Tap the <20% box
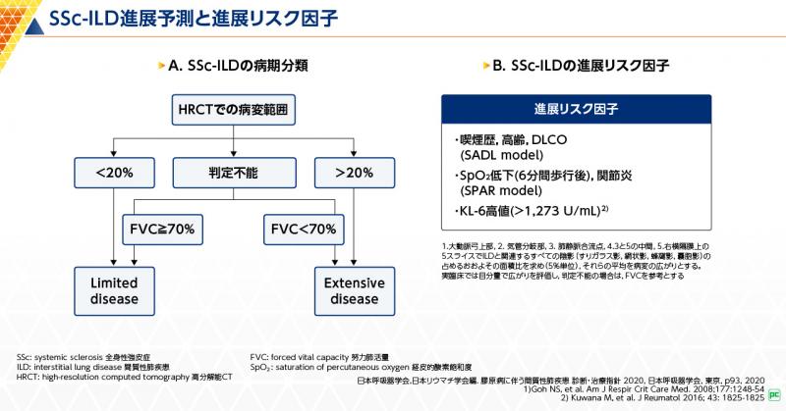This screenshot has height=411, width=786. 116,173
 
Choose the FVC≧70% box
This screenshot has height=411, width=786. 162,229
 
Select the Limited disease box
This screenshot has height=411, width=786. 116,290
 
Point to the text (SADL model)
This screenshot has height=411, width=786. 500,154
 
